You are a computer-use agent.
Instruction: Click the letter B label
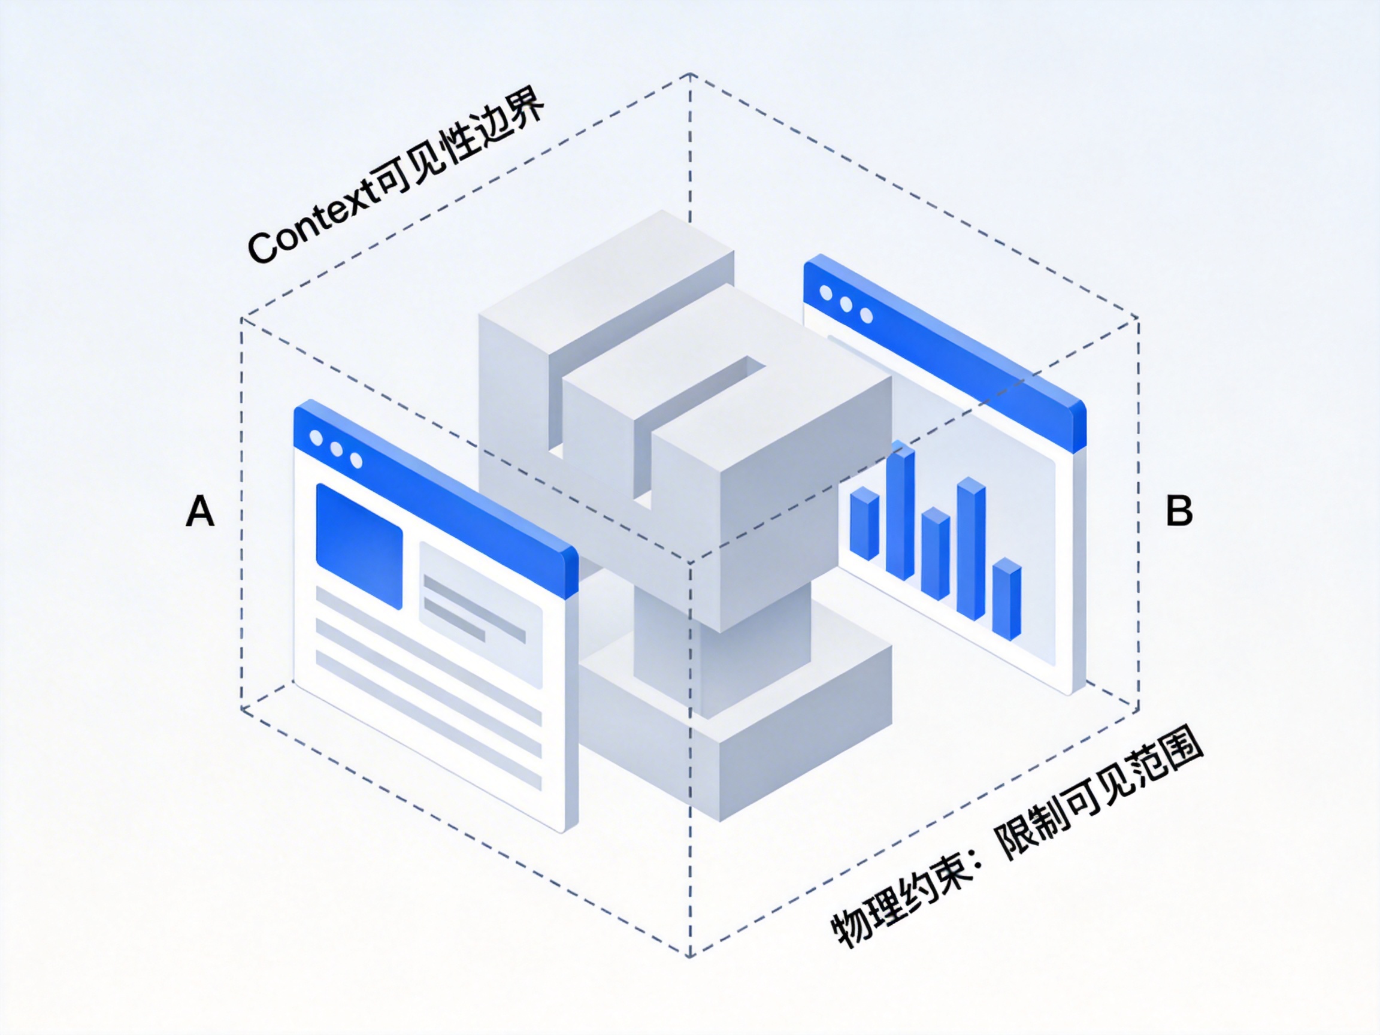pyautogui.click(x=1179, y=512)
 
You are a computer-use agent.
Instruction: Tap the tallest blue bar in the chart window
pyautogui.click(x=900, y=512)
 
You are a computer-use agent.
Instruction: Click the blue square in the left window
pyautogui.click(x=359, y=545)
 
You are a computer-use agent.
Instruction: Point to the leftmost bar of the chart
pyautogui.click(x=864, y=524)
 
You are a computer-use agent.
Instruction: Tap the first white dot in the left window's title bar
pyautogui.click(x=316, y=438)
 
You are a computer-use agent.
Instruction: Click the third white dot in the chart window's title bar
pyautogui.click(x=867, y=316)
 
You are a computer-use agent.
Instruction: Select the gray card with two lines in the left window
pyautogui.click(x=480, y=615)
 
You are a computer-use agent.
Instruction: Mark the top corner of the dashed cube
pyautogui.click(x=690, y=74)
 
